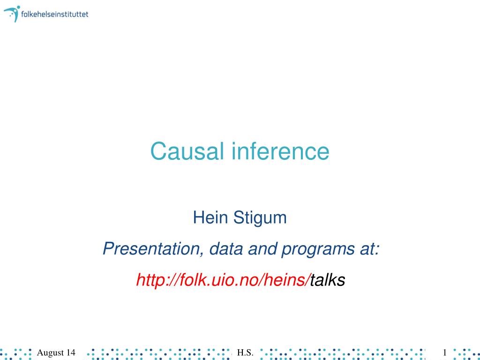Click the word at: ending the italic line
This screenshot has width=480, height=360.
369,249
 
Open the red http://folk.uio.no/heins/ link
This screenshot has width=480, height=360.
223,280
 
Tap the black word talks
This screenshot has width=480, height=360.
328,280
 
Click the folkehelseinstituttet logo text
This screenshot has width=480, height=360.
54,14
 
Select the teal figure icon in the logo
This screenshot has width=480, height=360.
12,14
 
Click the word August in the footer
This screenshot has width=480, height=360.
50,353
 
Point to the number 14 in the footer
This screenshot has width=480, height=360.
70,352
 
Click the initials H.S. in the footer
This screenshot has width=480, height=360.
245,353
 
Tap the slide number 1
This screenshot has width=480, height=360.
445,352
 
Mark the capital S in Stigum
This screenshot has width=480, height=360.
239,217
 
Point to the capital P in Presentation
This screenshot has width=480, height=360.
109,248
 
